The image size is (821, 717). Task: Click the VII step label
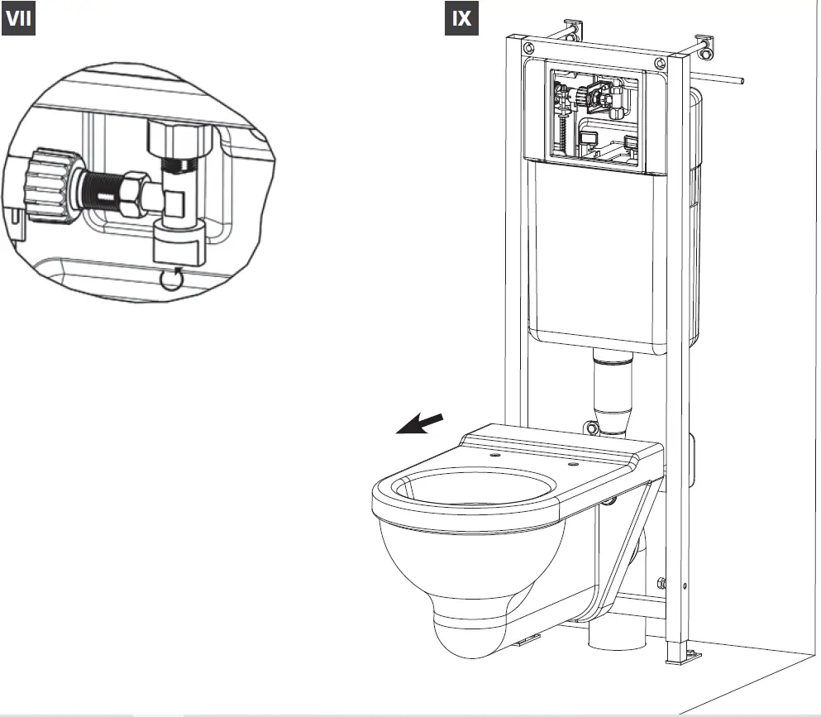point(21,21)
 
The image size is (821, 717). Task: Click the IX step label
point(461,19)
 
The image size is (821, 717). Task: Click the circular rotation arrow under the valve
point(171,280)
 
